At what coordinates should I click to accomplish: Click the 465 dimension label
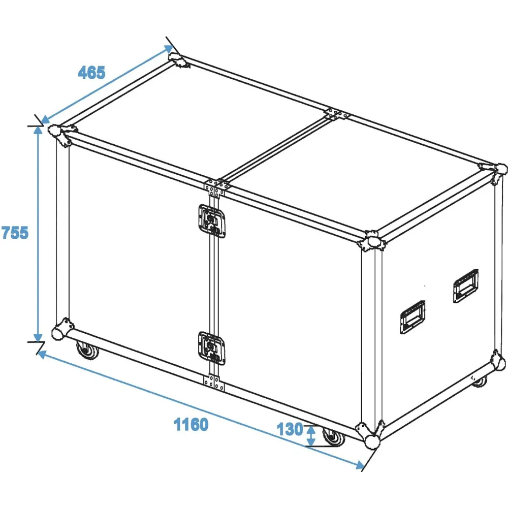click(91, 73)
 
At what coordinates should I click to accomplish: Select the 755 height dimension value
click(15, 233)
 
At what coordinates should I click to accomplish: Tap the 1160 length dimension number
click(191, 424)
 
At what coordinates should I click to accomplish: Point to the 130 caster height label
click(290, 429)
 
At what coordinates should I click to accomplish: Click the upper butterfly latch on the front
click(212, 221)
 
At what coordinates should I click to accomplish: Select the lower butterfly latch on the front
click(212, 348)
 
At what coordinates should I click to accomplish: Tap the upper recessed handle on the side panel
click(466, 285)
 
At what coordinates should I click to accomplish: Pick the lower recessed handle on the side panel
click(412, 317)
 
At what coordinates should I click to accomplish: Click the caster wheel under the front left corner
click(87, 350)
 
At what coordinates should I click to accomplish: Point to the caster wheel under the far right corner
click(480, 382)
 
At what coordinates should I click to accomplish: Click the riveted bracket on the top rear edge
click(337, 114)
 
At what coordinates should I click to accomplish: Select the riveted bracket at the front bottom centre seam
click(214, 383)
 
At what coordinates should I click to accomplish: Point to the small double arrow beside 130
click(311, 435)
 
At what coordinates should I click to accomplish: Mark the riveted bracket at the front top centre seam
click(216, 187)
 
